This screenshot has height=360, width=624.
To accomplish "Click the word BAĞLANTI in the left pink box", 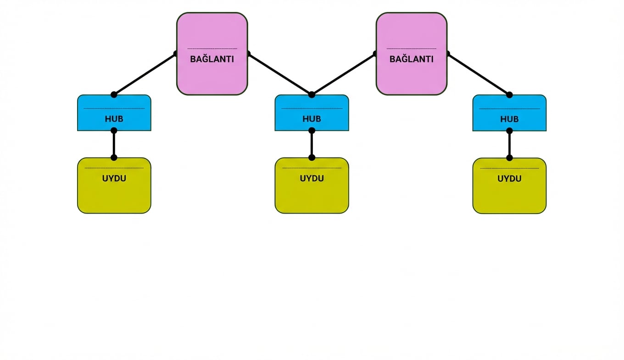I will coord(212,59).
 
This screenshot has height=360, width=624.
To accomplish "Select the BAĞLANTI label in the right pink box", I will coord(411,59).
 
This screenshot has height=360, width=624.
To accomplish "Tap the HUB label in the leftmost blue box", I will coord(114,119).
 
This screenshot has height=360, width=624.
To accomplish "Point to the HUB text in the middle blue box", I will coord(312,119).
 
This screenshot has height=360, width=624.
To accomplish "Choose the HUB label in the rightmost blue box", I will coord(509,119).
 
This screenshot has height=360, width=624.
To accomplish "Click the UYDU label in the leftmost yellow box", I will coord(114,179).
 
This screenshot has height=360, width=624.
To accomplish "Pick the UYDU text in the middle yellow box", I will coord(312,179).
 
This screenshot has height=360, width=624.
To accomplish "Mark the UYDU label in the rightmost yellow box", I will coord(509,179).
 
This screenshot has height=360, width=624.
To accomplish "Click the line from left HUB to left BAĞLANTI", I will coord(145,74).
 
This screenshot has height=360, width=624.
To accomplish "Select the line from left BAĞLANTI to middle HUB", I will coord(280,74).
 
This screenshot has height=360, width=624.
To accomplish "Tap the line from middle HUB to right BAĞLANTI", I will coord(343,74).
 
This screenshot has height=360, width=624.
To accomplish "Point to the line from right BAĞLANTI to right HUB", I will coord(479,74).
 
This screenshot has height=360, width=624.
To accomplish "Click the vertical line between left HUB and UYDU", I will coord(114,144).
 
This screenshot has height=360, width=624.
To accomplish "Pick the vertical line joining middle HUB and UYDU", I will coord(312,144).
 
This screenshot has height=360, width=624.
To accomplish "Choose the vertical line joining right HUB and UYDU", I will coord(509,144).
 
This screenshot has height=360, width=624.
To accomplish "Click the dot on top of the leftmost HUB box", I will coord(114,95).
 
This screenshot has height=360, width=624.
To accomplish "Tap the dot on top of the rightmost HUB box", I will coord(509,95).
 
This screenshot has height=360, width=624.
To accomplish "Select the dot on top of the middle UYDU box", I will coord(312,157).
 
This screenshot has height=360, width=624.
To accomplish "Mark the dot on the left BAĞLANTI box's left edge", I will coord(176,54).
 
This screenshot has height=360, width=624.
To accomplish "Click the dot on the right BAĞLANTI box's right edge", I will coord(447,54).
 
